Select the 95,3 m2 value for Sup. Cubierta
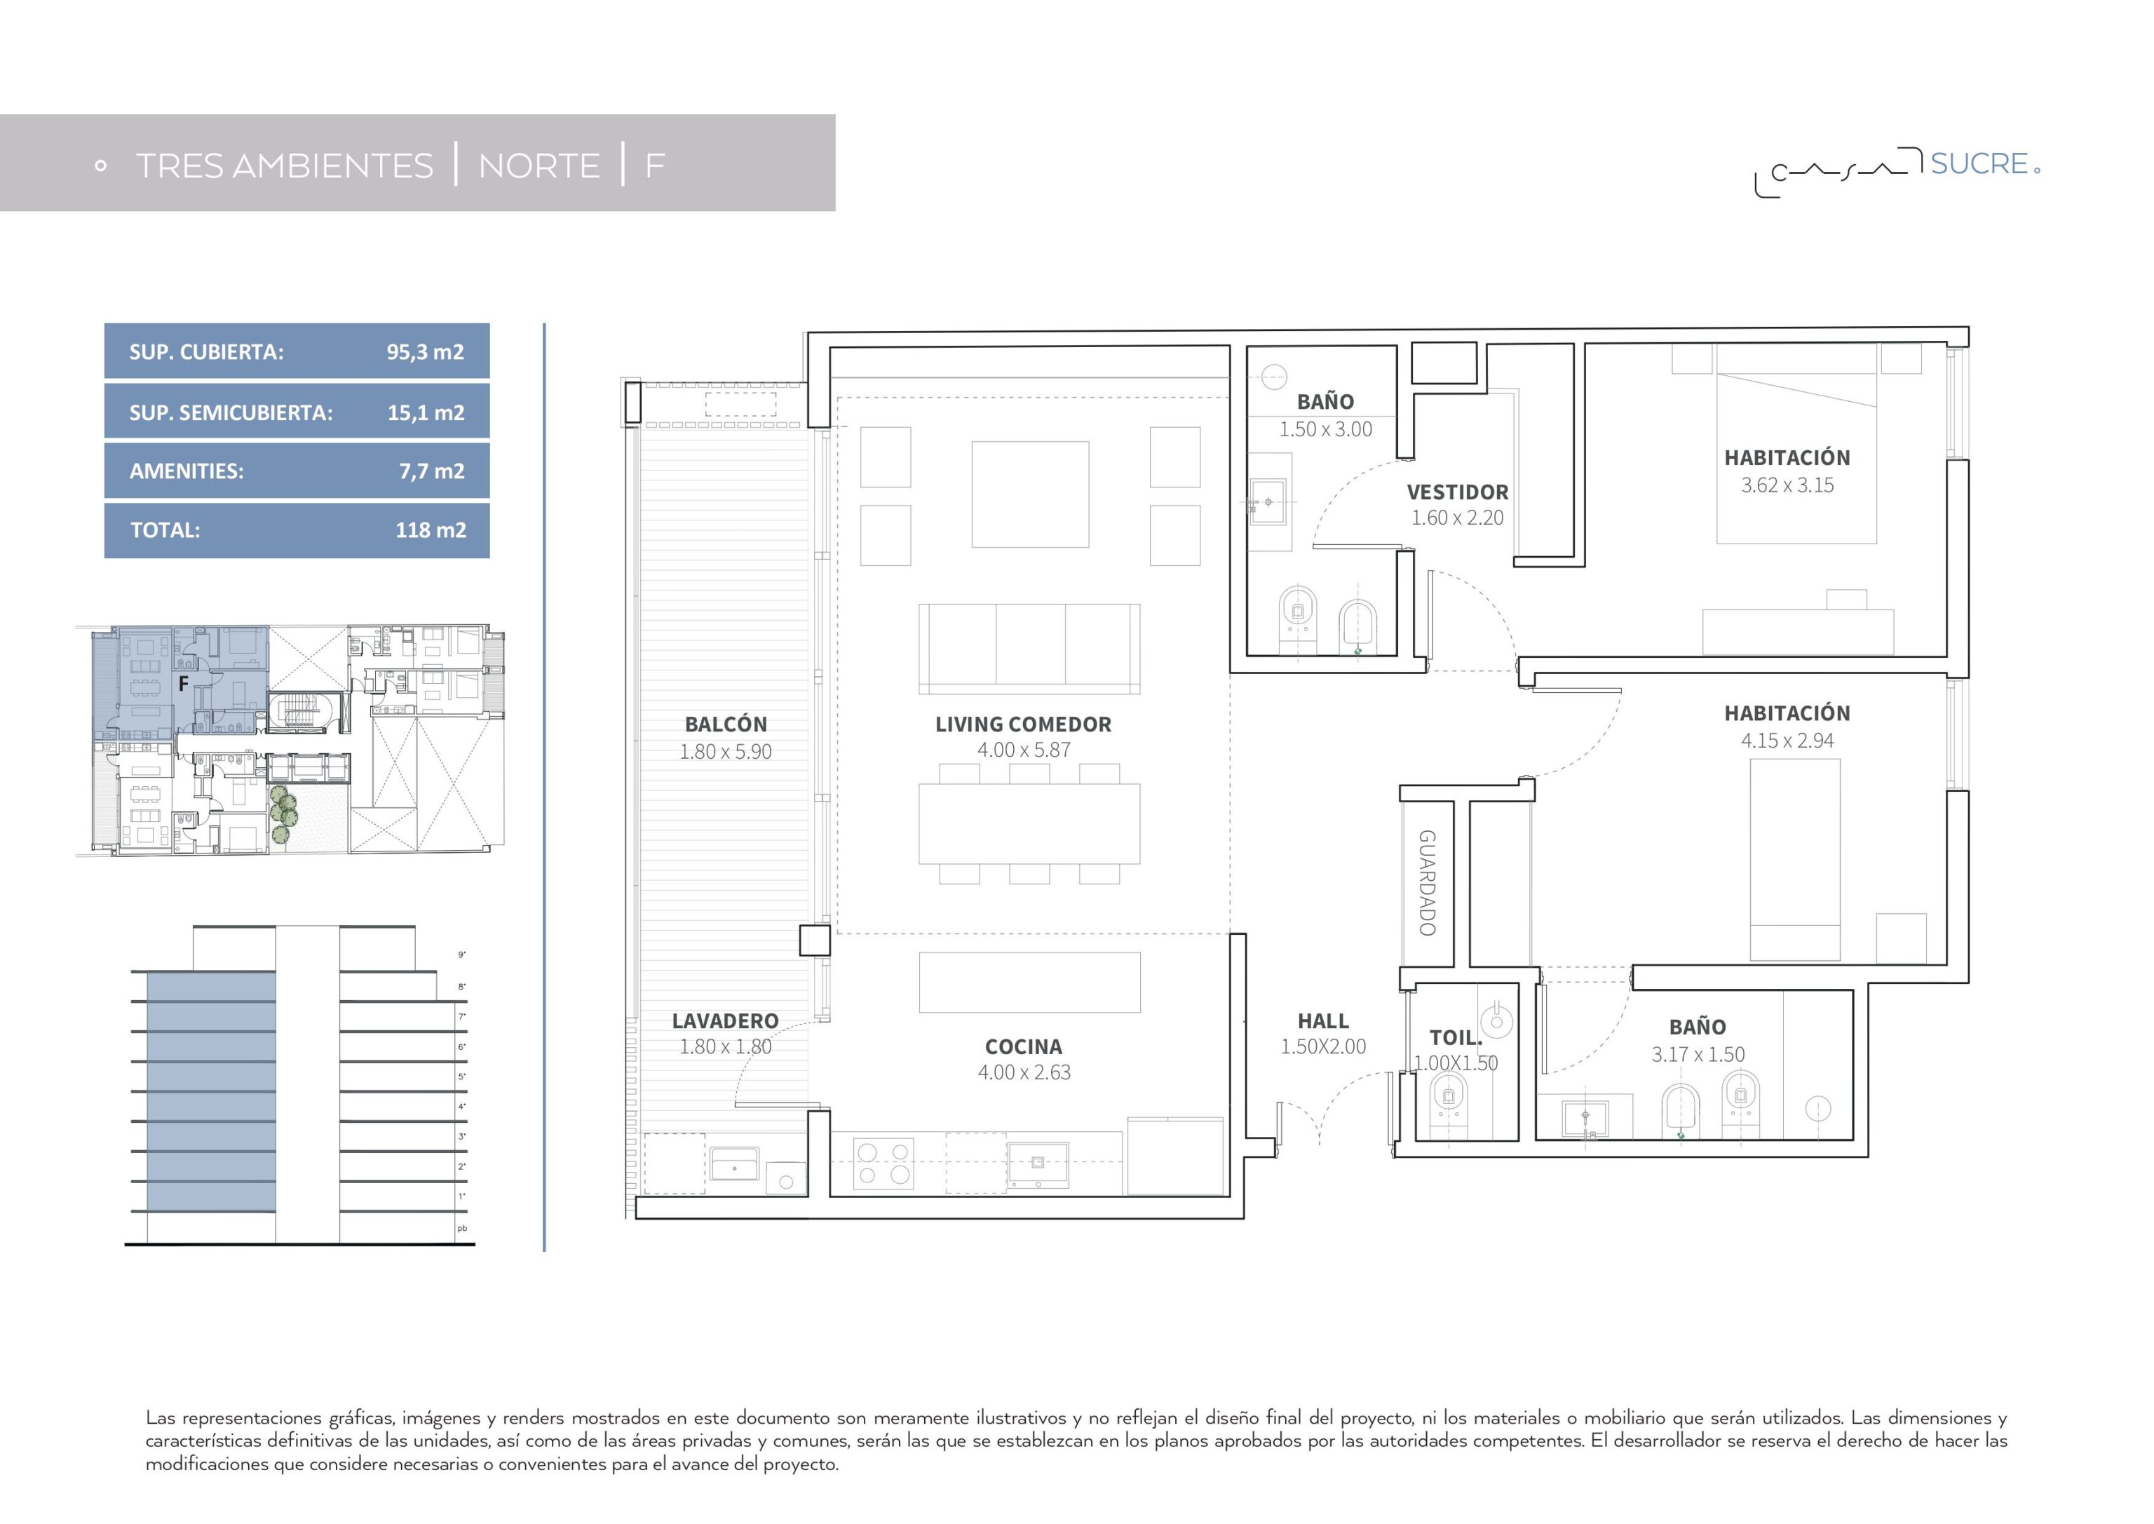(425, 352)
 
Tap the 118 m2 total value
(431, 530)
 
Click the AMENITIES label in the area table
(187, 471)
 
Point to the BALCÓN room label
(726, 724)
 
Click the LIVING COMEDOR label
(1024, 724)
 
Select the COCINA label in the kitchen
(1024, 1047)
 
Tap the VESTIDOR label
(1458, 492)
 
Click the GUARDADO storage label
(1427, 883)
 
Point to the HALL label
(1323, 1021)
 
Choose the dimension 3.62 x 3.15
(1787, 485)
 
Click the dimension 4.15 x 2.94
(1787, 741)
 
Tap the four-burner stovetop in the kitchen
(883, 1164)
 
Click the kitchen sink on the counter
(1038, 1164)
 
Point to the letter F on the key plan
(184, 684)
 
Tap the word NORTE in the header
(539, 166)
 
